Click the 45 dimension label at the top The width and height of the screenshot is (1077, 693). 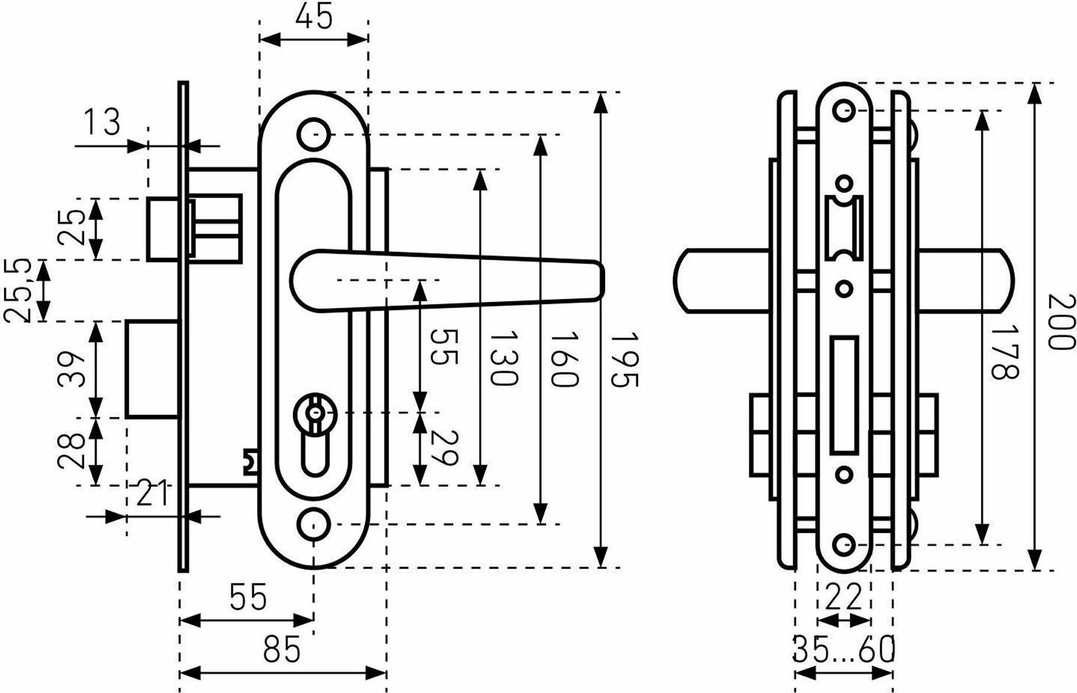coord(314,17)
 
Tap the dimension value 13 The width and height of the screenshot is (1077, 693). coord(101,122)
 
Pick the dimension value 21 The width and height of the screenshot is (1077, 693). coord(153,494)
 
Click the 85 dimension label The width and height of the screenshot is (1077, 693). coord(282,650)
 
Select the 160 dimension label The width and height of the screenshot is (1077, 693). coord(563,360)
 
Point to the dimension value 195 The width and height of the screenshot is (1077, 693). coord(624,360)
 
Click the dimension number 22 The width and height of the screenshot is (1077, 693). coord(843,597)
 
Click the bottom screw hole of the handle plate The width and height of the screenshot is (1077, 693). coord(313,522)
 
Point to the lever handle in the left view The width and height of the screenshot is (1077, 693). coord(445,279)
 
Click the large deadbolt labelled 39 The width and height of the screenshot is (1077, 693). coord(153,369)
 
